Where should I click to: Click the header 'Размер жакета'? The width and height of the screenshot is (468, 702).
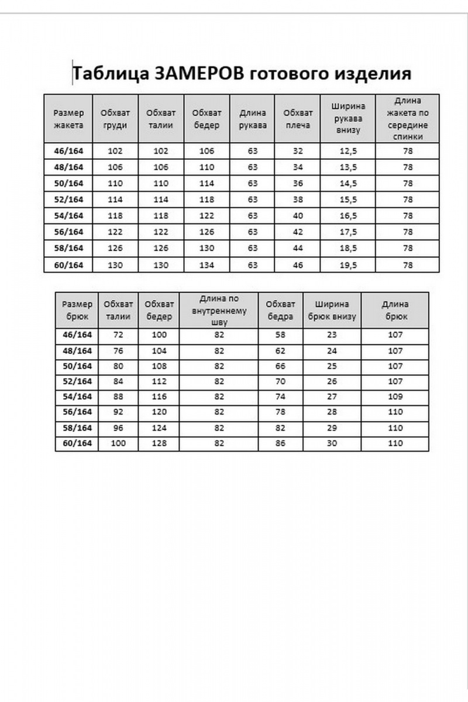pos(68,118)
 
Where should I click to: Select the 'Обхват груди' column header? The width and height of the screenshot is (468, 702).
pos(115,118)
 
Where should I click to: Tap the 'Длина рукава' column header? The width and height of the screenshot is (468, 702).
pos(253,118)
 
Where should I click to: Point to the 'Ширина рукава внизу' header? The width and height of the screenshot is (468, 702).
pos(348,118)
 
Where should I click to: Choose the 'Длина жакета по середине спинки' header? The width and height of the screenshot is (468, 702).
pos(408,118)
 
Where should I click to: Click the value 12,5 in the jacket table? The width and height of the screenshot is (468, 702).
pos(348,151)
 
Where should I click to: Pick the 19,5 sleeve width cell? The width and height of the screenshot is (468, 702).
pos(348,265)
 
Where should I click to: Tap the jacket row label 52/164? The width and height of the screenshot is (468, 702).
pos(68,199)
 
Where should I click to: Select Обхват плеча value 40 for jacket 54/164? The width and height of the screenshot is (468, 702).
pos(298,216)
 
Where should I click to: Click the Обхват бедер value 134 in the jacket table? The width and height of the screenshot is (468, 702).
pos(207,265)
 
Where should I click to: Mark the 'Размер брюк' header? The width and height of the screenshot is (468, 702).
pos(77,310)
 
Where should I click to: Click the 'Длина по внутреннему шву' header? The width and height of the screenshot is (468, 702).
pos(219,310)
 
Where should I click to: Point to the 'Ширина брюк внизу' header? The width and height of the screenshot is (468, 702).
pos(332,310)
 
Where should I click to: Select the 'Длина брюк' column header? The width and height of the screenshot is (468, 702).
pos(395,310)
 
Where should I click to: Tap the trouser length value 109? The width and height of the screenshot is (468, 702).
pos(395,397)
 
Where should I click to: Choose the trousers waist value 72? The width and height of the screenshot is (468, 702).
pos(118,335)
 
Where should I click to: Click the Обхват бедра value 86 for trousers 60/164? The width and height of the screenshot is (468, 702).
pos(280,443)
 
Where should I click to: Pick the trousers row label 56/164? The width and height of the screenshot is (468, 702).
pos(77,412)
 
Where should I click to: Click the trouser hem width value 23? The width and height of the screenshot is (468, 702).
pos(332,335)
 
